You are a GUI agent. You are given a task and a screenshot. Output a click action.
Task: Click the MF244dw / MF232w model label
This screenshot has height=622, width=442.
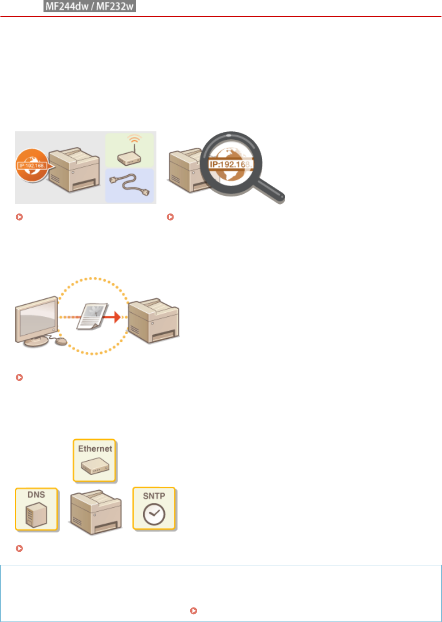(90, 7)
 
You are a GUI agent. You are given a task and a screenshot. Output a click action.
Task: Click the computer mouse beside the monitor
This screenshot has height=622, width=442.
(61, 341)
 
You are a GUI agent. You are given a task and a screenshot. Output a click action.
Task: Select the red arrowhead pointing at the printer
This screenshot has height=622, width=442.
(116, 317)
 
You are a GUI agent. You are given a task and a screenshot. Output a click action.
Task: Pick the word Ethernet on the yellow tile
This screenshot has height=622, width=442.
(95, 448)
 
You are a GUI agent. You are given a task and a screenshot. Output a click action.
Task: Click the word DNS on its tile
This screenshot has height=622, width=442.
(36, 495)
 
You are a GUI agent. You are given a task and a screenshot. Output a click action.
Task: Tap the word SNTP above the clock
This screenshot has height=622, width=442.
(154, 496)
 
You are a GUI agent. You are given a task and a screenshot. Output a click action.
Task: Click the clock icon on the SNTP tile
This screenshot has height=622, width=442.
(154, 514)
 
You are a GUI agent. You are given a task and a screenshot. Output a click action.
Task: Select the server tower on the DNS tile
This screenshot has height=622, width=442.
(36, 514)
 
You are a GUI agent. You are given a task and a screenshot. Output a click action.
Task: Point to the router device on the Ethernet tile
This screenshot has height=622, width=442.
(95, 466)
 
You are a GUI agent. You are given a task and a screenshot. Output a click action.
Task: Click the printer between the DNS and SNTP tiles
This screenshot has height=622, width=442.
(95, 513)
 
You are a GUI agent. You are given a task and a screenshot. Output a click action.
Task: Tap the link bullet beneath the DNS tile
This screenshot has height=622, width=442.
(19, 548)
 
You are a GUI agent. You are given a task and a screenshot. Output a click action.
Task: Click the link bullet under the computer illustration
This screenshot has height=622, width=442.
(19, 377)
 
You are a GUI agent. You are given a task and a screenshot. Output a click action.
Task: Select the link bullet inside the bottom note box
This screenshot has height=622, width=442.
(193, 611)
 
